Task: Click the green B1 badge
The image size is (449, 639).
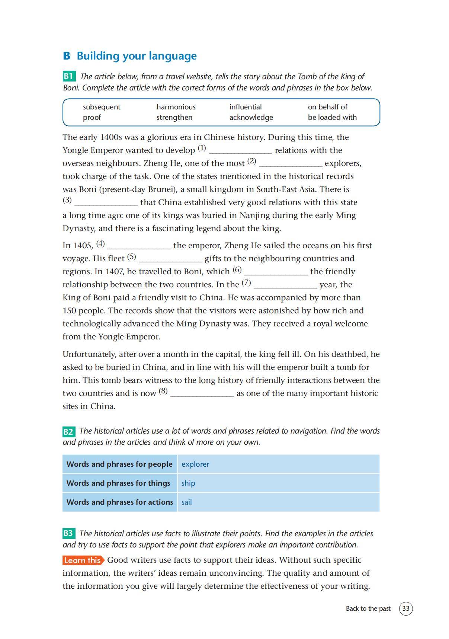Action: pyautogui.click(x=69, y=76)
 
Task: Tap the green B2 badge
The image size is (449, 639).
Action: pyautogui.click(x=69, y=431)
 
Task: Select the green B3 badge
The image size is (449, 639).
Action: pyautogui.click(x=69, y=533)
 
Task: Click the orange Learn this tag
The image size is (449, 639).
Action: pyautogui.click(x=83, y=560)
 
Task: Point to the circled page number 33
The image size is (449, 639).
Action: pyautogui.click(x=406, y=608)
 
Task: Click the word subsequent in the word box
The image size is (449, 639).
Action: pyautogui.click(x=102, y=107)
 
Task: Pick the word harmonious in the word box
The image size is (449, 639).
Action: pyautogui.click(x=176, y=107)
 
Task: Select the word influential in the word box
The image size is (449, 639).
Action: pyautogui.click(x=246, y=107)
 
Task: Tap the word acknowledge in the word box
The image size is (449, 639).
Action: pyautogui.click(x=251, y=117)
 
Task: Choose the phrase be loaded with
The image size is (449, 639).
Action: pyautogui.click(x=332, y=117)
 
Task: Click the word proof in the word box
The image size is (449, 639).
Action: pyautogui.click(x=92, y=117)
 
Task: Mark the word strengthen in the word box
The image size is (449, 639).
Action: pyautogui.click(x=174, y=117)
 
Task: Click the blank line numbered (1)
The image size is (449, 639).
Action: pyautogui.click(x=240, y=151)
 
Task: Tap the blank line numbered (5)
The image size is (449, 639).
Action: pyautogui.click(x=170, y=259)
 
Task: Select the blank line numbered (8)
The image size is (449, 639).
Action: pyautogui.click(x=202, y=394)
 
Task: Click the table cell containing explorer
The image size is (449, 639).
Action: pyautogui.click(x=278, y=464)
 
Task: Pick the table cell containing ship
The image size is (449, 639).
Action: pyautogui.click(x=278, y=483)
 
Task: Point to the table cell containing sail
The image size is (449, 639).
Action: pyautogui.click(x=278, y=502)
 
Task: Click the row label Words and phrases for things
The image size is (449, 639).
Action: pyautogui.click(x=118, y=483)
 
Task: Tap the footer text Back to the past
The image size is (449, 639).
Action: pyautogui.click(x=368, y=608)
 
